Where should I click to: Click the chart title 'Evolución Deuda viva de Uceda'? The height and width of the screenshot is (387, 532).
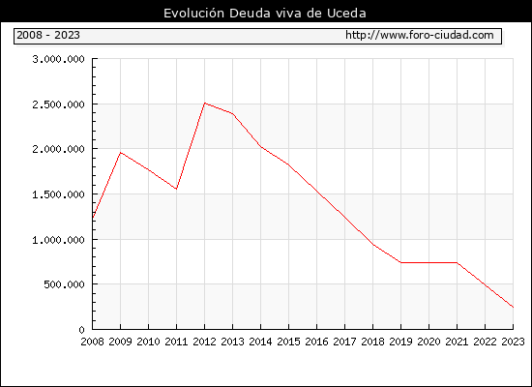coord(265,14)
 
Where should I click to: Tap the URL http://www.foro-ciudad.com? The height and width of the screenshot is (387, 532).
coord(420,35)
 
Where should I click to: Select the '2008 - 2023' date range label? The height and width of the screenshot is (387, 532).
coord(48,35)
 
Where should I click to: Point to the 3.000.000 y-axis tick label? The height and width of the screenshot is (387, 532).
coord(58,59)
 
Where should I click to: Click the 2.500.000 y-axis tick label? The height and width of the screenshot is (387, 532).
coord(58,104)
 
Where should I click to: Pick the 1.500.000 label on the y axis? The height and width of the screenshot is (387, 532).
coord(58,194)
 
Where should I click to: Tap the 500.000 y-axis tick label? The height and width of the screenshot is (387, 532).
coord(64,284)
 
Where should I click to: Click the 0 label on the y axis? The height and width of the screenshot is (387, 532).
coord(82,330)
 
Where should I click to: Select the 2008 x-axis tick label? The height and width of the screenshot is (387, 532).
coord(92,342)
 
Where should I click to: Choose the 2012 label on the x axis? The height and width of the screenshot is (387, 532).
coord(205,342)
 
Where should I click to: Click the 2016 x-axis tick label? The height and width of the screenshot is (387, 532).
coord(317,342)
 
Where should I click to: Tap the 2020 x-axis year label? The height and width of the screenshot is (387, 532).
coord(429,342)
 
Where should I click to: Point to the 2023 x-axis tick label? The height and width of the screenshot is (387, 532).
coord(513,342)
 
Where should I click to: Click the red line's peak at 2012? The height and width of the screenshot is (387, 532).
coord(205,103)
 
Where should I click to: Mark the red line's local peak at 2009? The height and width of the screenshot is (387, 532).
coord(121,153)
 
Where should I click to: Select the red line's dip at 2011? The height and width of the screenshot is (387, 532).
coord(176,189)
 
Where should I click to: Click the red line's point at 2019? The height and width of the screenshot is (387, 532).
coord(400,262)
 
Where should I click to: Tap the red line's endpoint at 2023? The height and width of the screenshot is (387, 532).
coord(513,308)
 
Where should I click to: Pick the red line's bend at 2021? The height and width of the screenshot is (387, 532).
coord(457,262)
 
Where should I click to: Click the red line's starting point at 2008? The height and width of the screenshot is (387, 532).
coord(93,218)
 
